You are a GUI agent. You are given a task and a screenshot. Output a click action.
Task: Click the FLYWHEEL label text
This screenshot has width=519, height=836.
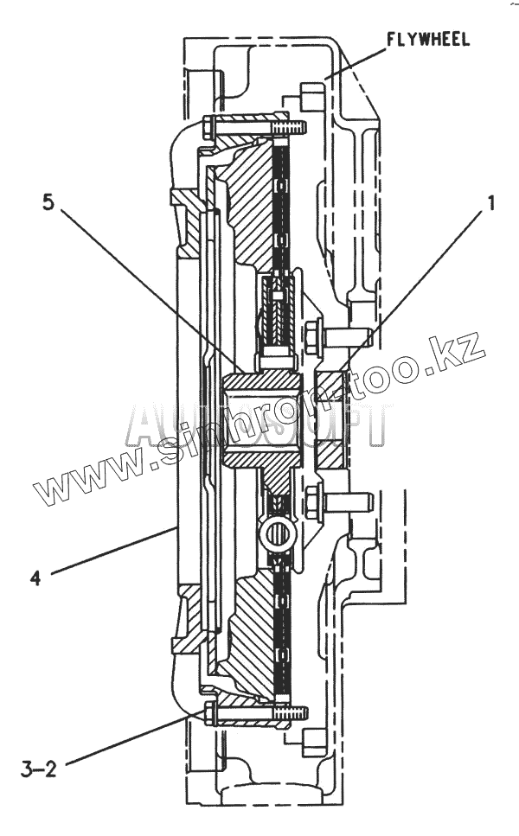[x=428, y=41]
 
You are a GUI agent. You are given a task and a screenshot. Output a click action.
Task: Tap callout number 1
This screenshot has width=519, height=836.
[x=490, y=203]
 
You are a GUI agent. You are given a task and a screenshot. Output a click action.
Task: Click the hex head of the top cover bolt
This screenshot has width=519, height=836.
[x=208, y=127]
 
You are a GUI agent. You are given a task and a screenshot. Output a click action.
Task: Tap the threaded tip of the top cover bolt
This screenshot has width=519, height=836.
[x=295, y=126]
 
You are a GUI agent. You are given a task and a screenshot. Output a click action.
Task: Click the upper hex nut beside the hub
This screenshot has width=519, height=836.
[x=313, y=333]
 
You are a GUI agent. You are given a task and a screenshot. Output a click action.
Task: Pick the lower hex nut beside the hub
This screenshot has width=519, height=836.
[x=313, y=500]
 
